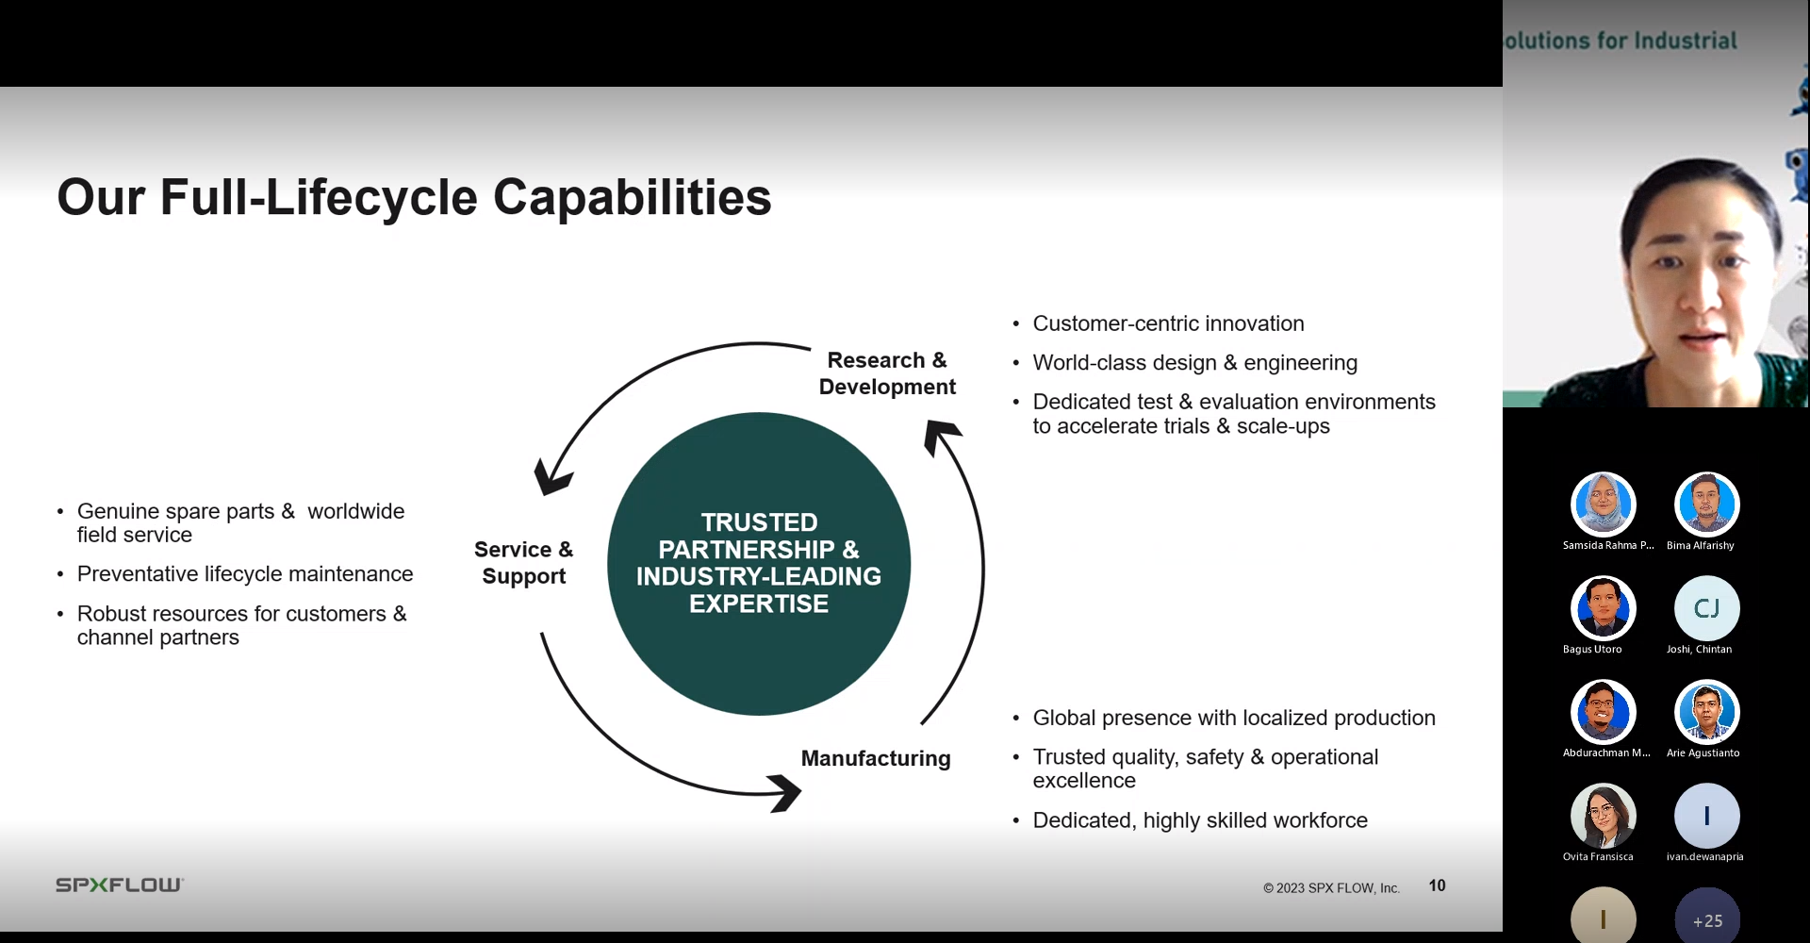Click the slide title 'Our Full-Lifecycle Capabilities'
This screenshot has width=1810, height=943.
pos(414,197)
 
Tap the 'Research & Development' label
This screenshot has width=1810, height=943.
pos(887,373)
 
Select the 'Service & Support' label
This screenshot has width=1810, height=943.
pos(524,563)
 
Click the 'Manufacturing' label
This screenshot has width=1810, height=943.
pos(876,758)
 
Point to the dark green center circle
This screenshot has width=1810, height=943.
pos(759,564)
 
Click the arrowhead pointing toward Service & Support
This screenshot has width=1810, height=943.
pos(551,476)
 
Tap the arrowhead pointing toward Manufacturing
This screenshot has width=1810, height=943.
pos(784,792)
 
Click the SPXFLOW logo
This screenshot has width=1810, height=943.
pos(120,885)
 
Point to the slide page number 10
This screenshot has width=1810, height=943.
pos(1437,885)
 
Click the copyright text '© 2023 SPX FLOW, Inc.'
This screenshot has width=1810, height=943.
pos(1331,888)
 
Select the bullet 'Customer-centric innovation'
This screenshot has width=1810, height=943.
pos(1168,323)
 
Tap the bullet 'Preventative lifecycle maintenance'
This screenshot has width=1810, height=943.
pos(245,574)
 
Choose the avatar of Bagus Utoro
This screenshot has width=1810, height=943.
pos(1603,608)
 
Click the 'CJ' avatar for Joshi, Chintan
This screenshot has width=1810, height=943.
pos(1706,608)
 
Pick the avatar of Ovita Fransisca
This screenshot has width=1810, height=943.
pos(1603,816)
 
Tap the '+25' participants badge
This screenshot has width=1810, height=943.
pos(1706,916)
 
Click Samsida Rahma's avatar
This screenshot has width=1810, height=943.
pos(1603,505)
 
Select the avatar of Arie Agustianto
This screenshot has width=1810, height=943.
pos(1706,712)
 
